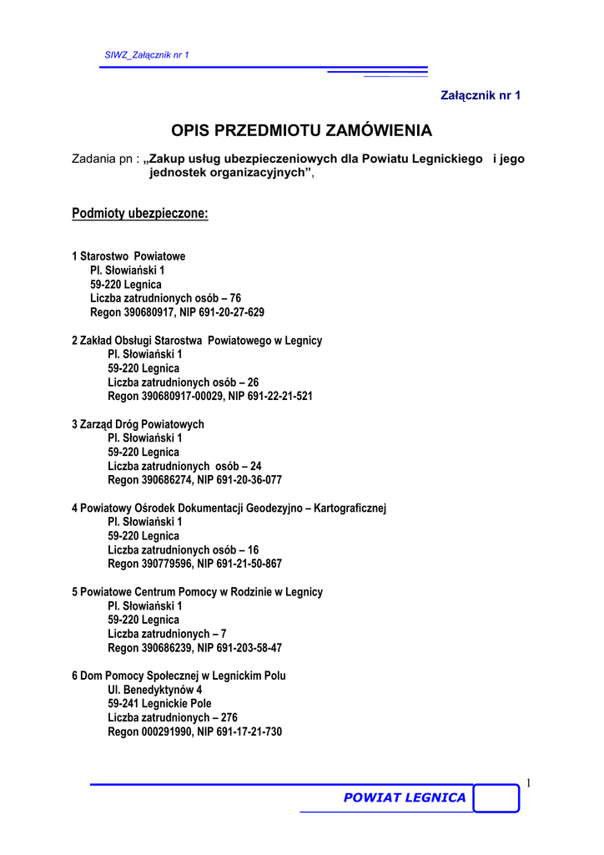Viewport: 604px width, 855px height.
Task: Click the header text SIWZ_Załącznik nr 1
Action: tap(147, 55)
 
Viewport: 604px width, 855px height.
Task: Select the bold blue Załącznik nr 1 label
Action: tap(480, 95)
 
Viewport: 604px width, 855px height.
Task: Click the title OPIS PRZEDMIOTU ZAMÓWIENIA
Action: tap(302, 130)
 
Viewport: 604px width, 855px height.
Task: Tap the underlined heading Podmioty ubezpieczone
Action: tap(140, 214)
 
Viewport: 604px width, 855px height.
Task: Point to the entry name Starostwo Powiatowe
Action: tap(133, 255)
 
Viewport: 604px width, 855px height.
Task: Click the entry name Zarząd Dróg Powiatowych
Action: tap(142, 424)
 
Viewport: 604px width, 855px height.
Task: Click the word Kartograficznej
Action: tap(350, 508)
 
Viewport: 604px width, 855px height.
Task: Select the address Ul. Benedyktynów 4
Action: tap(154, 690)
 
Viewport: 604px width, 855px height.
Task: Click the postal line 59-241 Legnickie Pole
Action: tap(159, 704)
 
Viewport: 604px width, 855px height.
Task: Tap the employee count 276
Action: tap(229, 717)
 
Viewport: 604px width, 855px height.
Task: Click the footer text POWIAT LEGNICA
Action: tap(405, 797)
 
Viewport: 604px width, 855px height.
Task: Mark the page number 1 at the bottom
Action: tap(528, 782)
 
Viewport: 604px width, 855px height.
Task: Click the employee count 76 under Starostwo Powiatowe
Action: tap(235, 298)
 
